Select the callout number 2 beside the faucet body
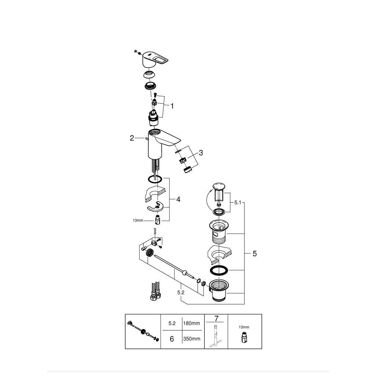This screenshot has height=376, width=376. pos(132,138)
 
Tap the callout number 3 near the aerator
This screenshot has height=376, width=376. pos(200,153)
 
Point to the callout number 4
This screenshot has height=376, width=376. pos(178,199)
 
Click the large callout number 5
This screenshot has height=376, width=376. pos(255,253)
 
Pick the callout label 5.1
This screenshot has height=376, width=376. pos(238,202)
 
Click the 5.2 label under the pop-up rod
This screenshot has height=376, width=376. pos(180,292)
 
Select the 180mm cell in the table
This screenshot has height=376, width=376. pos(192,323)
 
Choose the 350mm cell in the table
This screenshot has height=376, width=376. pos(192,339)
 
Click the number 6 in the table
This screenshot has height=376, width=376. pos(171,339)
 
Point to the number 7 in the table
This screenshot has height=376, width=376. pos(216,318)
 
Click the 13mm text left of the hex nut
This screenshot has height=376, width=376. pos(138,221)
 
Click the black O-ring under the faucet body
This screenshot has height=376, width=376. pos(155,180)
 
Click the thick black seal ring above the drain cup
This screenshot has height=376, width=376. pos(219,270)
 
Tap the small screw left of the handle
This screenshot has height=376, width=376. pos(136,51)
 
